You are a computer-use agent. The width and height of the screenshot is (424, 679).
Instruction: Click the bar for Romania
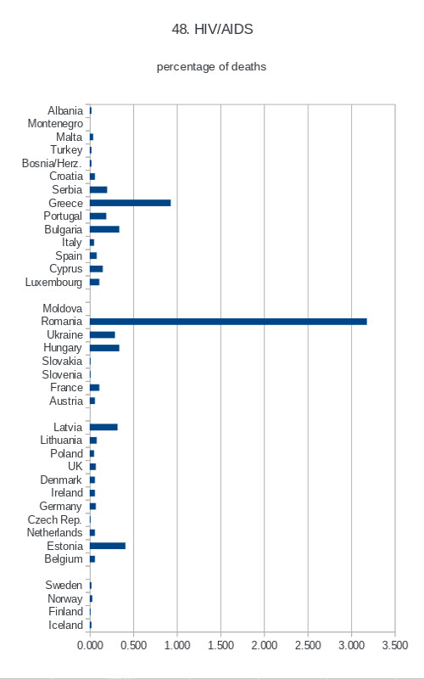[228, 322]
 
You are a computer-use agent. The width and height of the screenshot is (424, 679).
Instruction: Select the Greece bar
[131, 203]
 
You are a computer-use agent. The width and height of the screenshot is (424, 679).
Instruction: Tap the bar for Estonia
[108, 546]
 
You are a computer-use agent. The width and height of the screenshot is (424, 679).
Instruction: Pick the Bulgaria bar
[104, 229]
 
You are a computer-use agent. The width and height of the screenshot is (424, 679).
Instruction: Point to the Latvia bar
[103, 427]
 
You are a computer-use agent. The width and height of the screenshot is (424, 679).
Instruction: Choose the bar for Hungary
[104, 348]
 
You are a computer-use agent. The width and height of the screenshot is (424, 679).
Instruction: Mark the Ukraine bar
[103, 334]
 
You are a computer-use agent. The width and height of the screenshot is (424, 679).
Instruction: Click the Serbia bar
[98, 189]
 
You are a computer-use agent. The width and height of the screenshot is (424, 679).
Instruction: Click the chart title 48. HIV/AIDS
[213, 30]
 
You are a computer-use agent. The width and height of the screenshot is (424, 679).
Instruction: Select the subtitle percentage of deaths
[211, 67]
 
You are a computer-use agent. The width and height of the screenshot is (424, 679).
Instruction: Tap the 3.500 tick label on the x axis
[395, 645]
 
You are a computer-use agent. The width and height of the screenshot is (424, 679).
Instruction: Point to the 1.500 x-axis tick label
[220, 645]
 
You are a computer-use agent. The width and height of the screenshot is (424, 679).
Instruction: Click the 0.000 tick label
[90, 645]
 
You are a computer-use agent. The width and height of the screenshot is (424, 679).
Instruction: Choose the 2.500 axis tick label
[308, 645]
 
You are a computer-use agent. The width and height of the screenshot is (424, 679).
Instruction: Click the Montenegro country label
[55, 124]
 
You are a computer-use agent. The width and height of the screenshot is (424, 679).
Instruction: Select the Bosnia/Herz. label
[52, 163]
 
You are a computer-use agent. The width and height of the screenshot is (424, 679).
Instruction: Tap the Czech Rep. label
[54, 519]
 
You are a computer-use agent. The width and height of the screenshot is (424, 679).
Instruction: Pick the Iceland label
[65, 625]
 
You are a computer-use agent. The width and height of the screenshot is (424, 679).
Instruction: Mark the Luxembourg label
[53, 283]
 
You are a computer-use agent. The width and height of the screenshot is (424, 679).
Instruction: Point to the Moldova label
[62, 308]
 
